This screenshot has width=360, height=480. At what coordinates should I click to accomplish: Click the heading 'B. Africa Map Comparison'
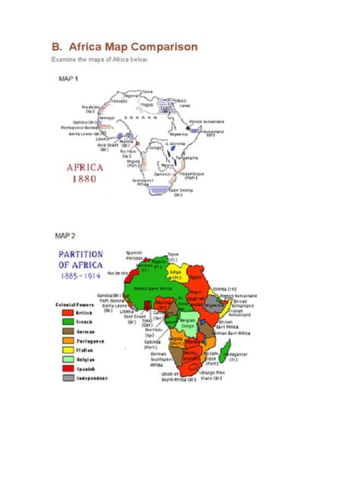(x=124, y=47)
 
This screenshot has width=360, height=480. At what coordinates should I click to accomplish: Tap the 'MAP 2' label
(x=66, y=235)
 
